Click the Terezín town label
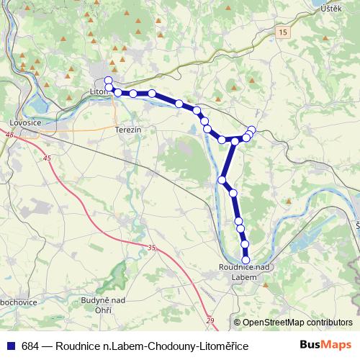tap(127, 129)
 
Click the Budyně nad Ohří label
tap(104, 305)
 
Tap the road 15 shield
tap(284, 32)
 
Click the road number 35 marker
tap(151, 248)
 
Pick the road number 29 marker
tap(210, 320)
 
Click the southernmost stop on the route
tap(246, 261)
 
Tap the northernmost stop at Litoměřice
tap(108, 80)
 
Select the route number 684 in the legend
tap(30, 346)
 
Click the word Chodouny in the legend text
tap(171, 346)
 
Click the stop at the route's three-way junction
tap(235, 140)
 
